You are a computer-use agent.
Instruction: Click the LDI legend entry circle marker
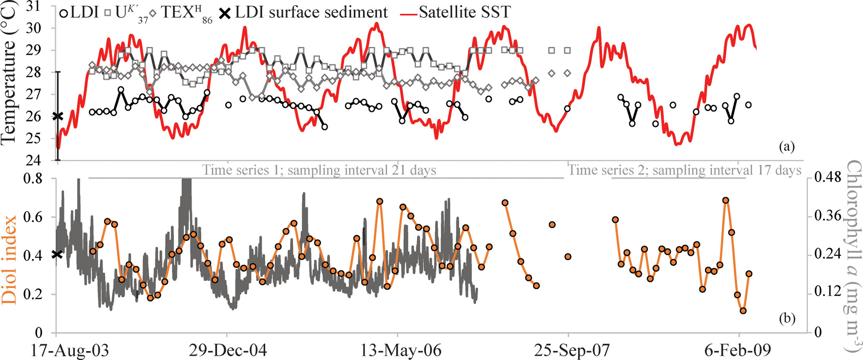tap(63, 13)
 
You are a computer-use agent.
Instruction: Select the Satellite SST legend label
tap(465, 12)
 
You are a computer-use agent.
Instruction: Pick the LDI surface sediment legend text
tap(311, 12)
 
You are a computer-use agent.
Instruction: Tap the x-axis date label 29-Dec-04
tap(227, 350)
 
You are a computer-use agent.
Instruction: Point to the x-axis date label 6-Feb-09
tap(738, 350)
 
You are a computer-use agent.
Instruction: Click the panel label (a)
tap(787, 147)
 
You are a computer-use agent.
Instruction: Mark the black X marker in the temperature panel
tap(58, 117)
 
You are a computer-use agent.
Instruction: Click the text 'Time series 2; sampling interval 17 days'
tap(684, 170)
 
